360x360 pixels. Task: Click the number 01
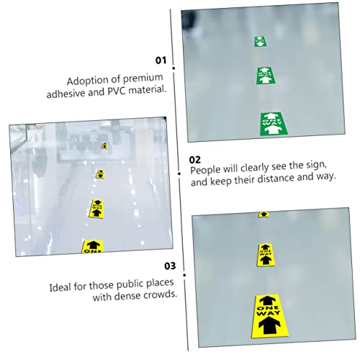[161, 60]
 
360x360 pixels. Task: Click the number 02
[194, 160]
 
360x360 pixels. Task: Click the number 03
[170, 266]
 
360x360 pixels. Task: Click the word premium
[143, 78]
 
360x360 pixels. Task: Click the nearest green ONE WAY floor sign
[274, 124]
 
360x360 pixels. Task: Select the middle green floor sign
[266, 76]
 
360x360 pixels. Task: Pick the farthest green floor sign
[260, 41]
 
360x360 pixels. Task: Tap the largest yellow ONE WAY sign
[269, 316]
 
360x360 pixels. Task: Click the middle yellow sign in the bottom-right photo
[266, 255]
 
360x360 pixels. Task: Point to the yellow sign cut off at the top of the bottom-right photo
[264, 215]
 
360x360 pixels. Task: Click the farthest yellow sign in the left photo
[104, 145]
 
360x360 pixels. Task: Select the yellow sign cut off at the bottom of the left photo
[93, 246]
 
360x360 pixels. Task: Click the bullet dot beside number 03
[184, 275]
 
